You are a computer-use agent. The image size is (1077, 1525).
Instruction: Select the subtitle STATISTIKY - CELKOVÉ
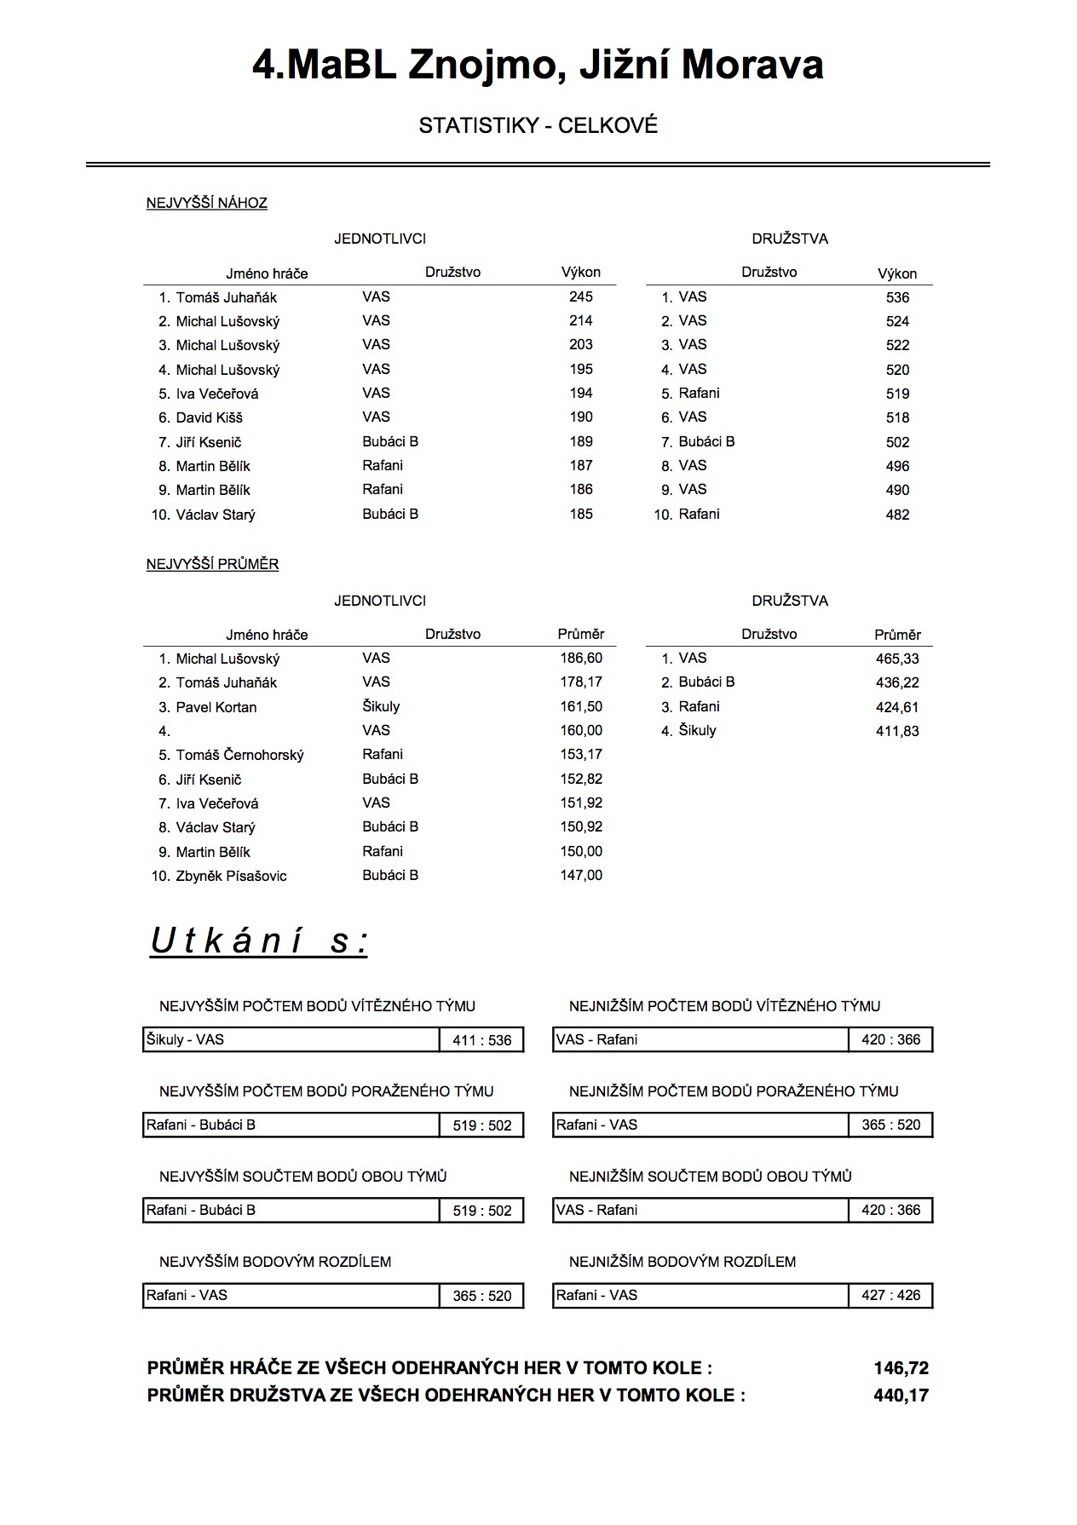[538, 126]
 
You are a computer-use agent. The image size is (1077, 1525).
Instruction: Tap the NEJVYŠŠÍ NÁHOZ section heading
[206, 203]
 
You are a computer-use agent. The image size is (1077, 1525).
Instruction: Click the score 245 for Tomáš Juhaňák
[580, 296]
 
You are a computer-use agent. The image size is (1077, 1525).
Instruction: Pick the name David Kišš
[209, 417]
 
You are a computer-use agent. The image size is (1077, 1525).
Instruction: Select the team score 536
[897, 297]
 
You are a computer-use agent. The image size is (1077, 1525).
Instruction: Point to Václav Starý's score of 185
[580, 514]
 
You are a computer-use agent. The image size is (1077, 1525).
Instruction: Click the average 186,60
[580, 658]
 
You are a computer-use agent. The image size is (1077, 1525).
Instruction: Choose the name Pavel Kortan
[216, 707]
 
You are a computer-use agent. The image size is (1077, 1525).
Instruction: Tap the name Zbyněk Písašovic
[231, 876]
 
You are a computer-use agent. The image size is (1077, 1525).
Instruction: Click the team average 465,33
[897, 659]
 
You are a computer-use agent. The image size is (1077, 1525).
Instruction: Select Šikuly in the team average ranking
[697, 730]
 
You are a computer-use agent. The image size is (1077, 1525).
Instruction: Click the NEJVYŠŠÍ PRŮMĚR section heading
[212, 564]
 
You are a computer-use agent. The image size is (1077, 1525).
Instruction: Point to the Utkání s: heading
[258, 941]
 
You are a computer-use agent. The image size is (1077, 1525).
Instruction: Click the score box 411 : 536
[481, 1040]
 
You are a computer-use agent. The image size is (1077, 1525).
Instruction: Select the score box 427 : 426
[890, 1295]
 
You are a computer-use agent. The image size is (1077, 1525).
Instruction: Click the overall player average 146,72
[901, 1368]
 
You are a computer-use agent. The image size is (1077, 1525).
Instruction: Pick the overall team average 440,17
[901, 1396]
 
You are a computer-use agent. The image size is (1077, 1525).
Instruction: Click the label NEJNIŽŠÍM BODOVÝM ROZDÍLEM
[682, 1262]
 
